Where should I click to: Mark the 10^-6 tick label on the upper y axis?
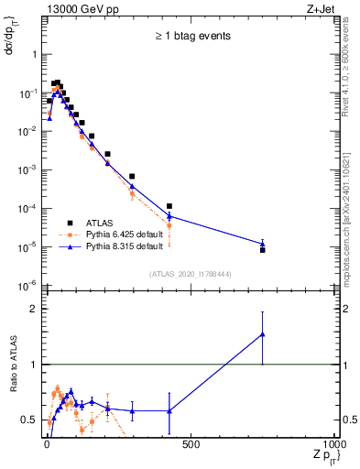(28, 285)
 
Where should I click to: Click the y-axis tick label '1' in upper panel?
(36, 54)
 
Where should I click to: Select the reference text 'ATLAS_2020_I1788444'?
(191, 274)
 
